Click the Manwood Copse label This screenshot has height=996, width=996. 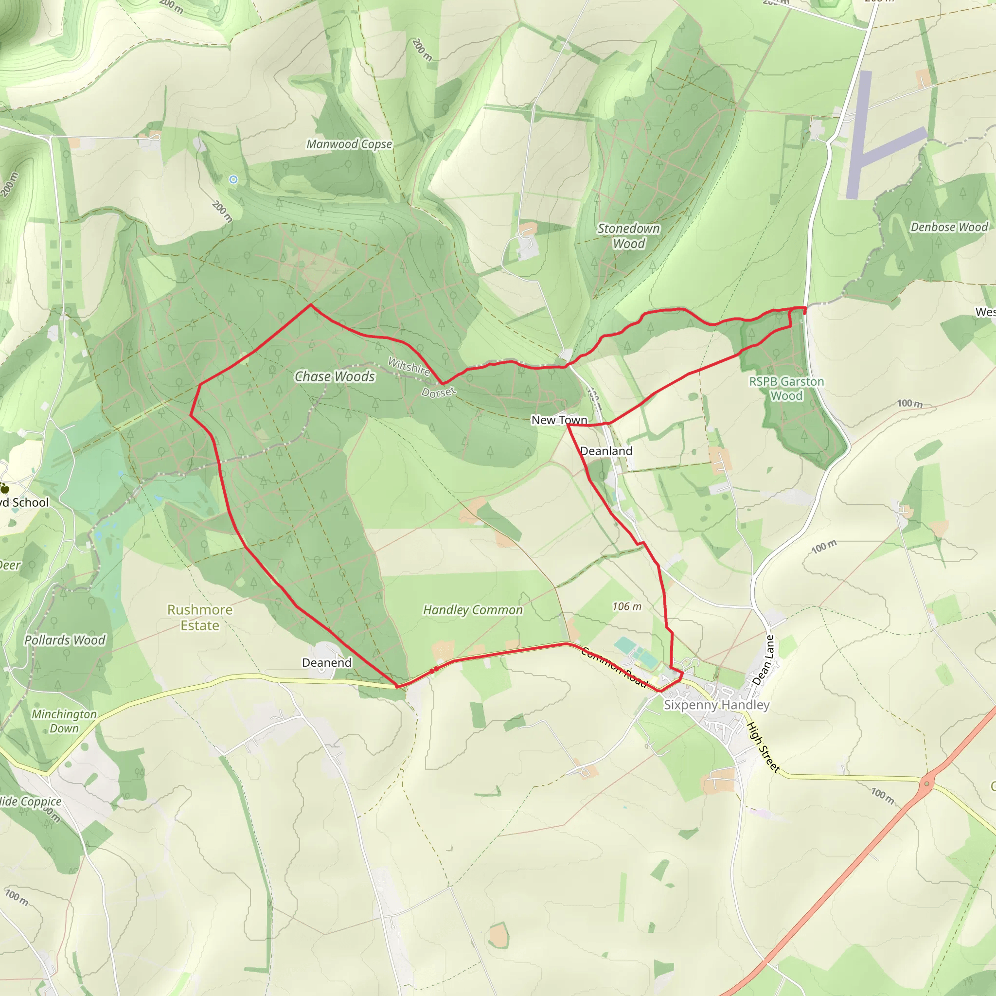pos(349,144)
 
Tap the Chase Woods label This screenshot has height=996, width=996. pos(335,376)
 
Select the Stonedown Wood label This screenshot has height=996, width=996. pos(628,235)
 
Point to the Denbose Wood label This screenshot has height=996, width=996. pos(949,227)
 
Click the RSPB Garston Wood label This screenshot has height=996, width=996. pos(786,388)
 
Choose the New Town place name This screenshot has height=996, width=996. pos(559,420)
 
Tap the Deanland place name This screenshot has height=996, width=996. pos(606,451)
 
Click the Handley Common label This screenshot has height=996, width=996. pos(473,610)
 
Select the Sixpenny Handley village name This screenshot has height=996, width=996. pos(716,705)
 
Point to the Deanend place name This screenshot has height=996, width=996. pos(326,662)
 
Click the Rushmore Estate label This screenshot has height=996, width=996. pos(199,617)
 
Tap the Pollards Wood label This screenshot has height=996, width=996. pos(65,640)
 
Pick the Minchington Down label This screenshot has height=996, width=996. pos(64,721)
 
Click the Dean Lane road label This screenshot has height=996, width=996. pos(764,660)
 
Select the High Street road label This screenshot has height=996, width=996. pos(763,747)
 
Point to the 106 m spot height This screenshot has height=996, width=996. pos(627,606)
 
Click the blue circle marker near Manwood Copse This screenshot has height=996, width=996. pos(233,179)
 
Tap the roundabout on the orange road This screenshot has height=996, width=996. pos(927,783)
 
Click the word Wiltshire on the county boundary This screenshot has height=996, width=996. pos(409,366)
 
